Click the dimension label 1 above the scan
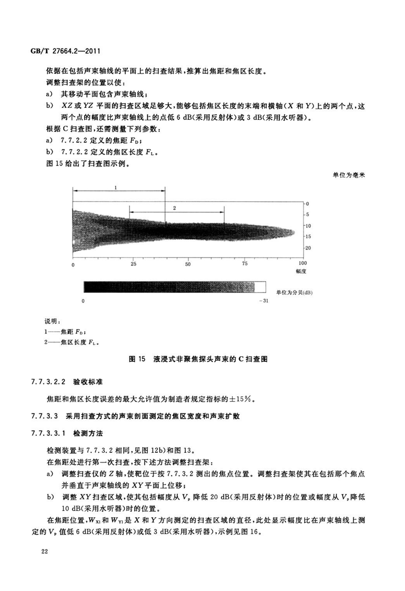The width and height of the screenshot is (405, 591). (115, 187)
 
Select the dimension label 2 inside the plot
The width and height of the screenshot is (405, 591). (174, 208)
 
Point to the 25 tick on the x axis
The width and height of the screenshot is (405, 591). (133, 264)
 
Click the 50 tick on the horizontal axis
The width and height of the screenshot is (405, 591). (188, 264)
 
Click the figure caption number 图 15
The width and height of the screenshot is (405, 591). (137, 359)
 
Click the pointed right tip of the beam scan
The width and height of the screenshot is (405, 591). (295, 232)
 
